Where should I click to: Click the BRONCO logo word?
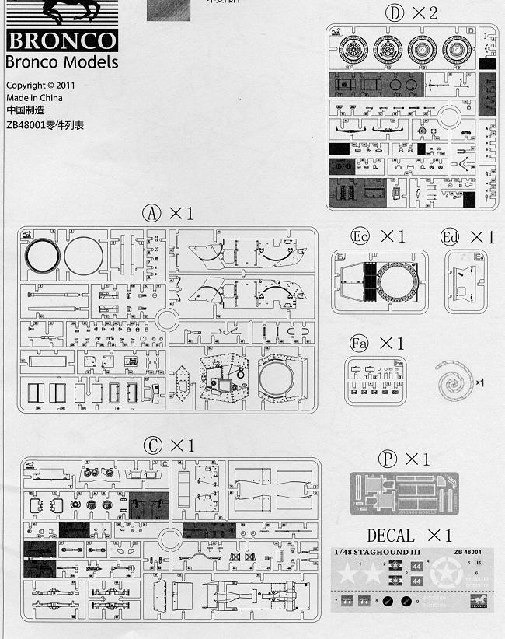pyautogui.click(x=61, y=41)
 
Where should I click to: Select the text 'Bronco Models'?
pyautogui.click(x=61, y=62)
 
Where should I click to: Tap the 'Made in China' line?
pyautogui.click(x=34, y=98)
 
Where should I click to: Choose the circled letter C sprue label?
pyautogui.click(x=153, y=445)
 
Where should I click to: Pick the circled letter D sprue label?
pyautogui.click(x=396, y=12)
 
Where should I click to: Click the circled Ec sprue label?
pyautogui.click(x=360, y=236)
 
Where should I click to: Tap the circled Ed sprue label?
pyautogui.click(x=450, y=236)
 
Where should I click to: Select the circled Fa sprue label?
pyautogui.click(x=358, y=343)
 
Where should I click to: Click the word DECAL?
pyautogui.click(x=391, y=536)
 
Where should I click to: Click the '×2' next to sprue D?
pyautogui.click(x=425, y=12)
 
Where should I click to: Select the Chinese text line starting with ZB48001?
pyautogui.click(x=44, y=125)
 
